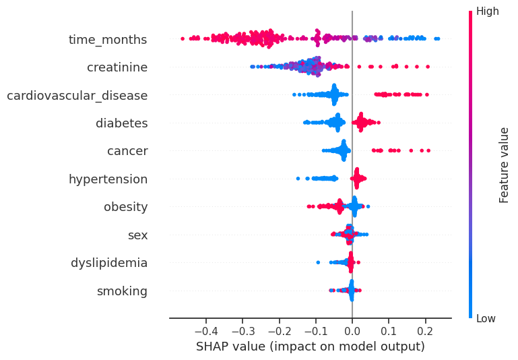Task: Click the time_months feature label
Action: pyautogui.click(x=108, y=40)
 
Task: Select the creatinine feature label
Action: pyautogui.click(x=117, y=67)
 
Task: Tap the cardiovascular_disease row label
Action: pyautogui.click(x=77, y=96)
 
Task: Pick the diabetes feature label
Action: pyautogui.click(x=121, y=123)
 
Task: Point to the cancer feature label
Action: pyautogui.click(x=127, y=151)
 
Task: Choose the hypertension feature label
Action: pyautogui.click(x=108, y=179)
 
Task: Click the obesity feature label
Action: pyautogui.click(x=125, y=207)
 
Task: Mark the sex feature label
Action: pyautogui.click(x=137, y=235)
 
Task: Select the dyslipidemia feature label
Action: pyautogui.click(x=109, y=263)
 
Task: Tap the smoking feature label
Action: pyautogui.click(x=122, y=291)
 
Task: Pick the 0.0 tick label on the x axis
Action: pyautogui.click(x=352, y=332)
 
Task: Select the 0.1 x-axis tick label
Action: pyautogui.click(x=389, y=332)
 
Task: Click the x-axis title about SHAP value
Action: pyautogui.click(x=311, y=347)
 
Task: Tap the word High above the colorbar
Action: pyautogui.click(x=487, y=11)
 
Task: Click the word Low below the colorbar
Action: pyautogui.click(x=486, y=318)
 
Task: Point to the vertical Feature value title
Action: pyautogui.click(x=504, y=164)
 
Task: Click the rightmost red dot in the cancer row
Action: pyautogui.click(x=428, y=150)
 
